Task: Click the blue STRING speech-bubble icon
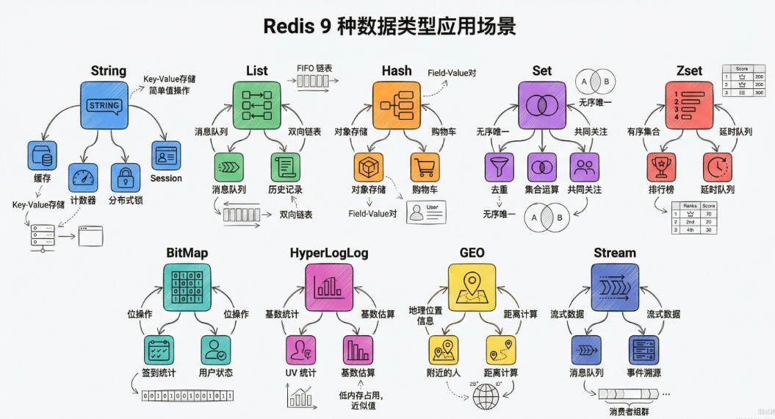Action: click(104, 105)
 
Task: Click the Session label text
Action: click(166, 178)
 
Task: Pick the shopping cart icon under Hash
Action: click(425, 168)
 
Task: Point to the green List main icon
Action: click(257, 104)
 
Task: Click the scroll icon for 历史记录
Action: click(284, 168)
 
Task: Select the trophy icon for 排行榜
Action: click(661, 168)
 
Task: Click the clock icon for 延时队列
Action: click(717, 168)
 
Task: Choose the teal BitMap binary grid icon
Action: click(187, 288)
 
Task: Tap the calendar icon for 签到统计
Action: click(159, 350)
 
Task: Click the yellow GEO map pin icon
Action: click(472, 288)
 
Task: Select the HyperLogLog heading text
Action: click(329, 253)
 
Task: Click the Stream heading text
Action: click(614, 253)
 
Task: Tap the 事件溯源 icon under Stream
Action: click(643, 350)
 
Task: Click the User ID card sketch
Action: click(426, 212)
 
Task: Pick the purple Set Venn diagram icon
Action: click(542, 104)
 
